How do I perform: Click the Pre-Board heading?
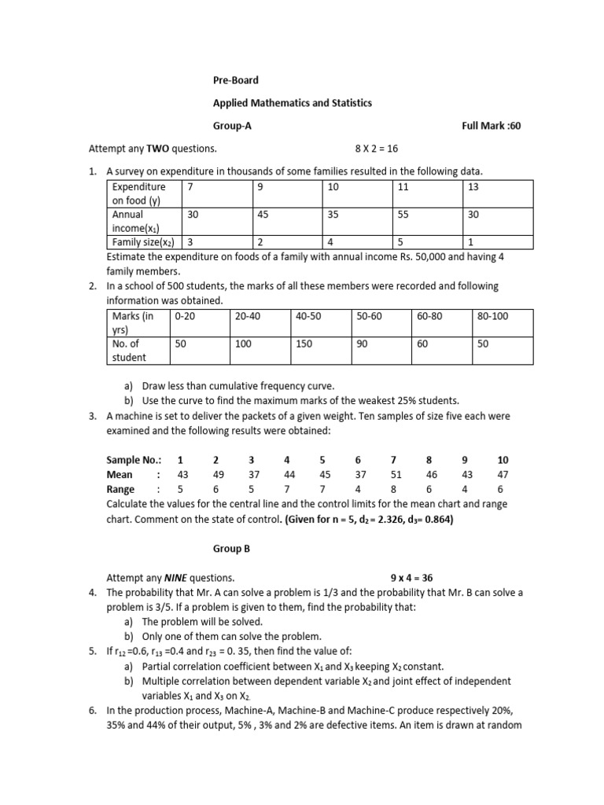point(236,80)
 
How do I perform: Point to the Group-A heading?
point(233,126)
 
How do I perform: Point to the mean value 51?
point(395,475)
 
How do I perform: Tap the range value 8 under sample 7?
point(395,489)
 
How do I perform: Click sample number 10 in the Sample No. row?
point(503,460)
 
